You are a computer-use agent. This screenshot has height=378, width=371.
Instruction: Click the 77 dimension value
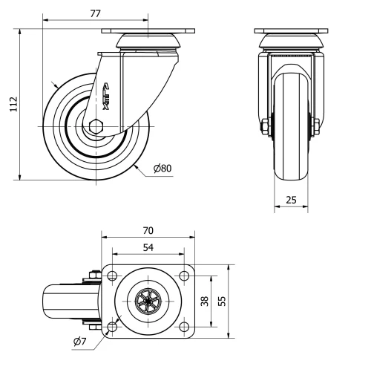[94, 13]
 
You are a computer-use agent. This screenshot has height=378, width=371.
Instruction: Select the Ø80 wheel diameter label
[162, 168]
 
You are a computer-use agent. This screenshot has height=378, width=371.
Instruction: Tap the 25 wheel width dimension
[291, 201]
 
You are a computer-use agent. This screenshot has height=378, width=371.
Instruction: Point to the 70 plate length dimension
[148, 231]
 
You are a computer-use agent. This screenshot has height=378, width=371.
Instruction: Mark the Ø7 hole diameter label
[81, 341]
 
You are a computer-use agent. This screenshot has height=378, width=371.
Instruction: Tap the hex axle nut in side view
[96, 127]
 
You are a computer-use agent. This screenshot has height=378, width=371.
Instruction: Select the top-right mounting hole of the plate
[183, 277]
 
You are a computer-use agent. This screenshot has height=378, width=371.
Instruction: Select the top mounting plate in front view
[290, 31]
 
